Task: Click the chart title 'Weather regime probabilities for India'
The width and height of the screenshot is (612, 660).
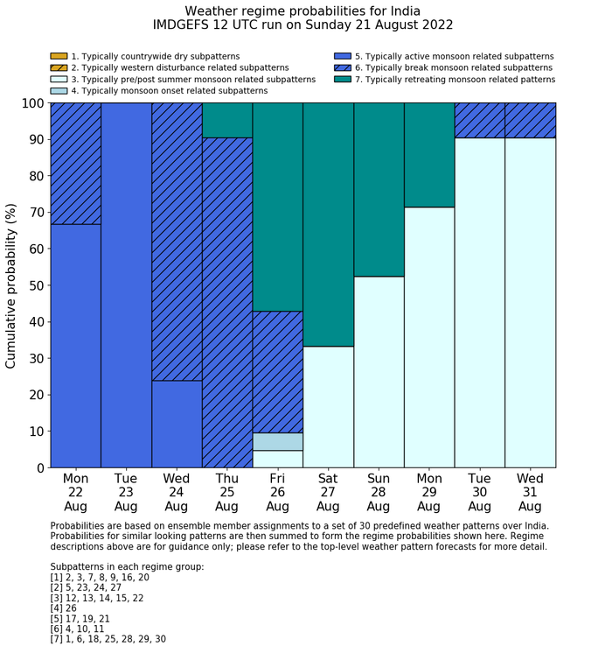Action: click(303, 11)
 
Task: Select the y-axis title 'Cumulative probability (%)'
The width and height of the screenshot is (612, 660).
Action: click(11, 284)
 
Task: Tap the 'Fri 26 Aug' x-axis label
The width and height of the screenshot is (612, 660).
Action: click(277, 493)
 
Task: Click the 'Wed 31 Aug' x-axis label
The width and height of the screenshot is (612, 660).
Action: click(530, 493)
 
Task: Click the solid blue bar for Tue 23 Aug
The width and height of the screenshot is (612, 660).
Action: click(126, 284)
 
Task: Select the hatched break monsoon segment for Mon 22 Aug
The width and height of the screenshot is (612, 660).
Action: click(76, 164)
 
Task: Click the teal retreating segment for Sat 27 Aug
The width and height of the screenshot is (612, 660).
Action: click(328, 224)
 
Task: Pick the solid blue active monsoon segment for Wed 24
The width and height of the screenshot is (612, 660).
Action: click(177, 424)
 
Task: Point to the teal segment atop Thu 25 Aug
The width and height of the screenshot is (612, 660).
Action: click(227, 120)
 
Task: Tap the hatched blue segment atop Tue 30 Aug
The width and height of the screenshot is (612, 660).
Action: click(480, 120)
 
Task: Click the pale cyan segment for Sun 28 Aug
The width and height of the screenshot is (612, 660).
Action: click(379, 372)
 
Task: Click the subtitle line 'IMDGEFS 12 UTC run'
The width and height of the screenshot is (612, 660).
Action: click(303, 25)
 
